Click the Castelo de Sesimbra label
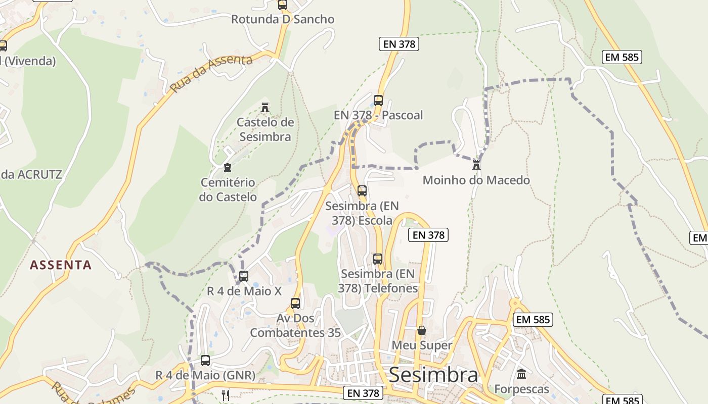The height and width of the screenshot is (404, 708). point(265,129)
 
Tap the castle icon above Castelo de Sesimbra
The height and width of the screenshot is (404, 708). point(264,107)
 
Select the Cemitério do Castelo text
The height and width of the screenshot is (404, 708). point(228,189)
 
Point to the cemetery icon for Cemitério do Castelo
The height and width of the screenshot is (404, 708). point(228,167)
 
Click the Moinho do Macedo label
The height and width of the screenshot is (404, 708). point(476,180)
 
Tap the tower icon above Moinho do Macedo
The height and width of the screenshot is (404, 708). point(476,164)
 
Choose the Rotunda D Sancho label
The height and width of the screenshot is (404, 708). point(283,20)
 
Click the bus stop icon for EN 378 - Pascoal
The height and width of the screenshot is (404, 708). point(378,100)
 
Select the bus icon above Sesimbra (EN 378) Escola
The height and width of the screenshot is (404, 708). point(362,190)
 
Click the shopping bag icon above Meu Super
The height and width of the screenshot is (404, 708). point(422,330)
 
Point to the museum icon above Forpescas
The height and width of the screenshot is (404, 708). point(521,374)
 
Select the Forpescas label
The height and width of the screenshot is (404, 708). point(521,389)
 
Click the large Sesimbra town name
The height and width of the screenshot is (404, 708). point(433,375)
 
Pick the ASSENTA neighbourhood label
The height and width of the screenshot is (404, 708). point(61,265)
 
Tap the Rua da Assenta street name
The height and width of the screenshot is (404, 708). point(211,74)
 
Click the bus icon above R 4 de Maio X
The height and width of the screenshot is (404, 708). point(244,276)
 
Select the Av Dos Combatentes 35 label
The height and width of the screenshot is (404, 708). point(295,326)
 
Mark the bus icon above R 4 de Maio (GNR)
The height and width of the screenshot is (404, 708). point(205,360)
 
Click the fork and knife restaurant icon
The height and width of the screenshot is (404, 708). point(226,394)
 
